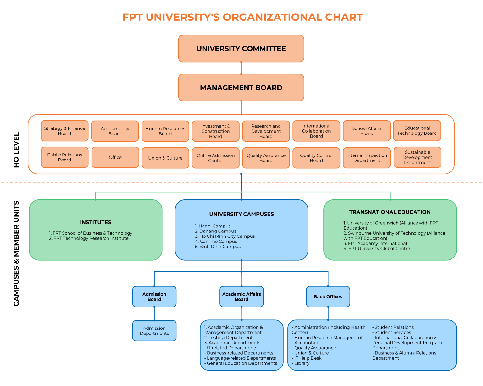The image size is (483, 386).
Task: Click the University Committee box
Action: click(x=241, y=49)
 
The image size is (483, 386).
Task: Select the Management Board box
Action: click(x=241, y=88)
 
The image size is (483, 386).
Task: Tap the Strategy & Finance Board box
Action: click(x=64, y=131)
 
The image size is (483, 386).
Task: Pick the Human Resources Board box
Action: click(x=165, y=131)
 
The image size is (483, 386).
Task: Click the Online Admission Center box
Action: click(x=215, y=158)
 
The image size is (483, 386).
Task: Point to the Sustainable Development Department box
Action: click(x=417, y=157)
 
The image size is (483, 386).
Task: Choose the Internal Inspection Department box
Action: click(x=367, y=158)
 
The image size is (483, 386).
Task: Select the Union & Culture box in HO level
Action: click(x=165, y=158)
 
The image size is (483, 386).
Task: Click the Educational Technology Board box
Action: click(x=417, y=131)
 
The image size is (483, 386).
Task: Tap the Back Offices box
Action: click(x=328, y=296)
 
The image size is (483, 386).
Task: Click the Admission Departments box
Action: click(x=154, y=331)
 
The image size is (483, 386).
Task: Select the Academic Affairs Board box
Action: click(x=241, y=296)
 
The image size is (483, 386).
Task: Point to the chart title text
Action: click(x=242, y=17)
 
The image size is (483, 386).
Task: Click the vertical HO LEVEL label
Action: click(x=16, y=150)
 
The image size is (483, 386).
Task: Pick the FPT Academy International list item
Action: click(x=375, y=243)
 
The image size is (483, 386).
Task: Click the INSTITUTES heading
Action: click(x=96, y=222)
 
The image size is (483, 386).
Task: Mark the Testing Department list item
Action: click(x=228, y=338)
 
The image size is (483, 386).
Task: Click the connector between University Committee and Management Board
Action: click(x=241, y=68)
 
